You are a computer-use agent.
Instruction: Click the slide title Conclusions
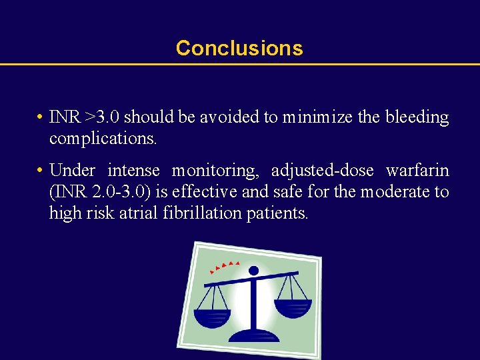click(x=239, y=48)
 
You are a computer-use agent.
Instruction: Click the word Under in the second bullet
click(x=72, y=171)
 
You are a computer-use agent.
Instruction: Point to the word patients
click(x=278, y=213)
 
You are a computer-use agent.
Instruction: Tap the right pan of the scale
click(x=293, y=307)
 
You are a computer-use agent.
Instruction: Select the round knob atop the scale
click(x=253, y=271)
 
